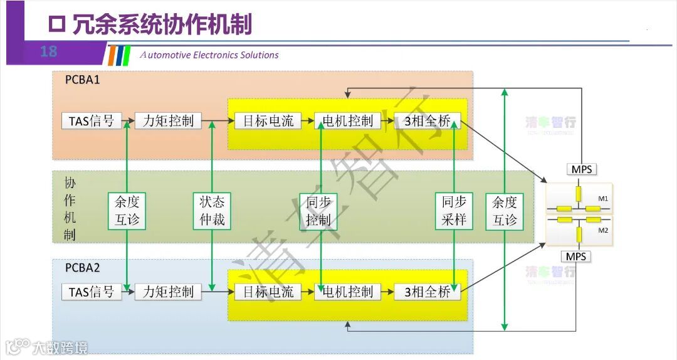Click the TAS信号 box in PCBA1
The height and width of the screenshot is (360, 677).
click(x=92, y=121)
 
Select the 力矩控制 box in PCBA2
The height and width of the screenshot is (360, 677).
click(x=168, y=292)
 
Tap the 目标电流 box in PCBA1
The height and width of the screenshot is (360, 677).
click(x=268, y=121)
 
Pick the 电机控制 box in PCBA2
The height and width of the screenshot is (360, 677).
click(x=347, y=292)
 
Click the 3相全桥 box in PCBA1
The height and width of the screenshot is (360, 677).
click(x=428, y=121)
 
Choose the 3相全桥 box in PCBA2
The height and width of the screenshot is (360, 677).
click(x=428, y=292)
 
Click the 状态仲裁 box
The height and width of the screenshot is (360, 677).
click(x=212, y=211)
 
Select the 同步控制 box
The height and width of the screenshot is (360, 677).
click(x=318, y=211)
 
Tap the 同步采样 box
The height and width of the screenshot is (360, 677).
click(x=454, y=211)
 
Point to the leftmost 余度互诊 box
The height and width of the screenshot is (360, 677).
click(x=127, y=211)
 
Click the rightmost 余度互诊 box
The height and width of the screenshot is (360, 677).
click(x=505, y=211)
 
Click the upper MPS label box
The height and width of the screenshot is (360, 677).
click(x=581, y=169)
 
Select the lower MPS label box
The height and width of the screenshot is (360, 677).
click(x=576, y=257)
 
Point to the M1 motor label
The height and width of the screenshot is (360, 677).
click(x=603, y=199)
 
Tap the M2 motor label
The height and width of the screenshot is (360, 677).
click(x=603, y=230)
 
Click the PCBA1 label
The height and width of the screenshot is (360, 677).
click(x=82, y=80)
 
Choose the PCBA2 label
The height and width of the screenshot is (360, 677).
click(x=82, y=268)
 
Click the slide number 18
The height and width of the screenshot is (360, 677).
click(x=48, y=51)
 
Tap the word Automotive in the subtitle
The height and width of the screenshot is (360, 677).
click(x=165, y=55)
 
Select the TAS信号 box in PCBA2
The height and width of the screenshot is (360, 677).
click(x=92, y=292)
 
